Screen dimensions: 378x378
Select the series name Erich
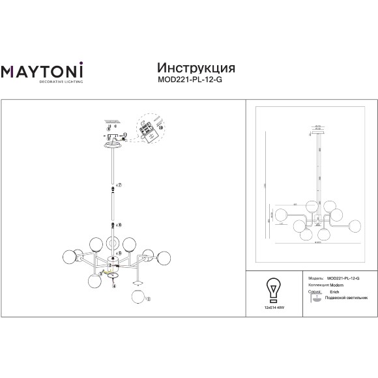pyautogui.click(x=334, y=292)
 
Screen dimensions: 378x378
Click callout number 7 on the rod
pyautogui.click(x=119, y=186)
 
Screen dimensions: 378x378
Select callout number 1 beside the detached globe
pyautogui.click(x=148, y=299)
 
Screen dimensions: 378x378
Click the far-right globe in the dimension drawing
pyautogui.click(x=355, y=225)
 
